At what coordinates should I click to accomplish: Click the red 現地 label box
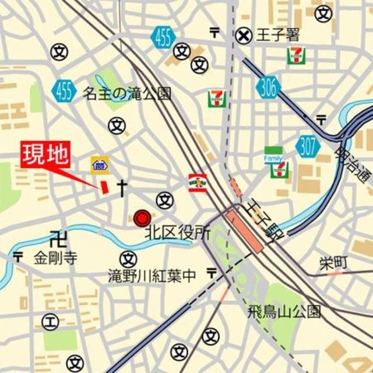pos(45,156)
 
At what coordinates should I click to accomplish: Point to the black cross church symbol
pos(122,187)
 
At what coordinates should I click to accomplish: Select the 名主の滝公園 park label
pos(127,93)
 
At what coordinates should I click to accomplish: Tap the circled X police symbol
pos(244,36)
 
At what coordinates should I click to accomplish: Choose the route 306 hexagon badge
pos(268,88)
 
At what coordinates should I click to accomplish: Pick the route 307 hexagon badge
pos(307,146)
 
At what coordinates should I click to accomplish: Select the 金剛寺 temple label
pos(55,258)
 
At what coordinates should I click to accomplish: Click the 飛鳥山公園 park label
pos(284,311)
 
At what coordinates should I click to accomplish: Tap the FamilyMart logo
pos(273,154)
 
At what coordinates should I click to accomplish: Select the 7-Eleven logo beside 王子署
pos(295,55)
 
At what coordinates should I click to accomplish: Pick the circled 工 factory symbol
pos(50,321)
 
